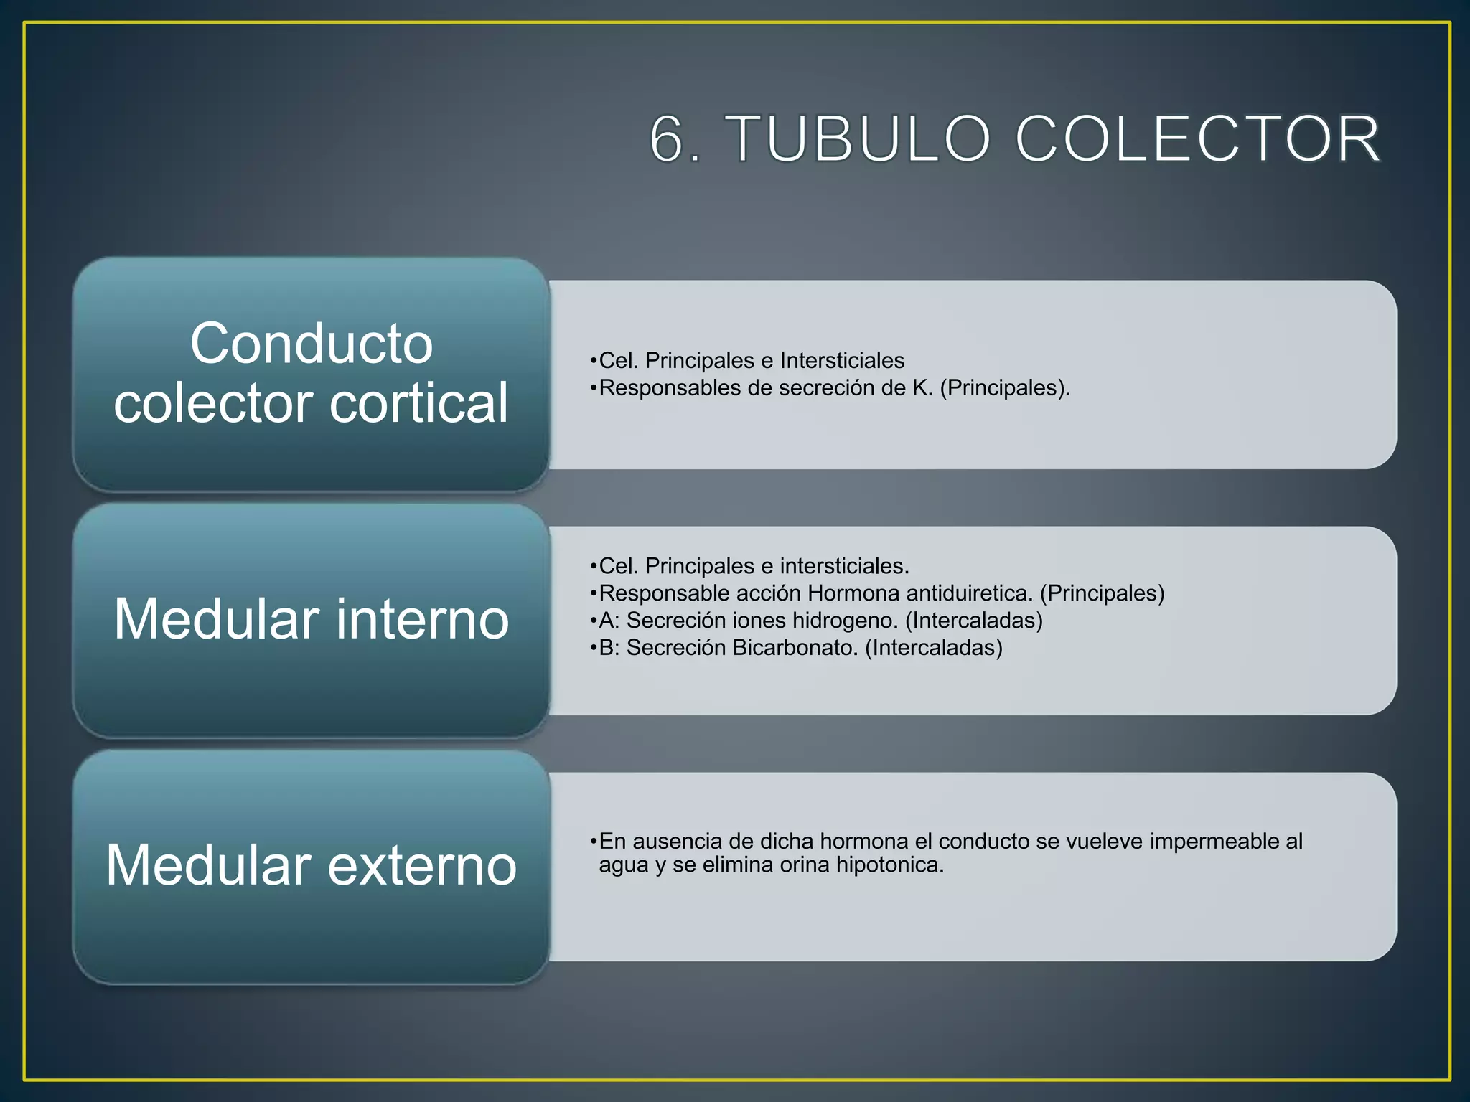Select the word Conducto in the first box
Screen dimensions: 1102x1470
pos(312,343)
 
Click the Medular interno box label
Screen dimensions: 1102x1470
pos(312,618)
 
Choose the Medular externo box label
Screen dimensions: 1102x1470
pos(312,865)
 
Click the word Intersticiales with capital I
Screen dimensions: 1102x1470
pos(842,360)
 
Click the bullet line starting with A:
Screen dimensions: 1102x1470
pos(816,620)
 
